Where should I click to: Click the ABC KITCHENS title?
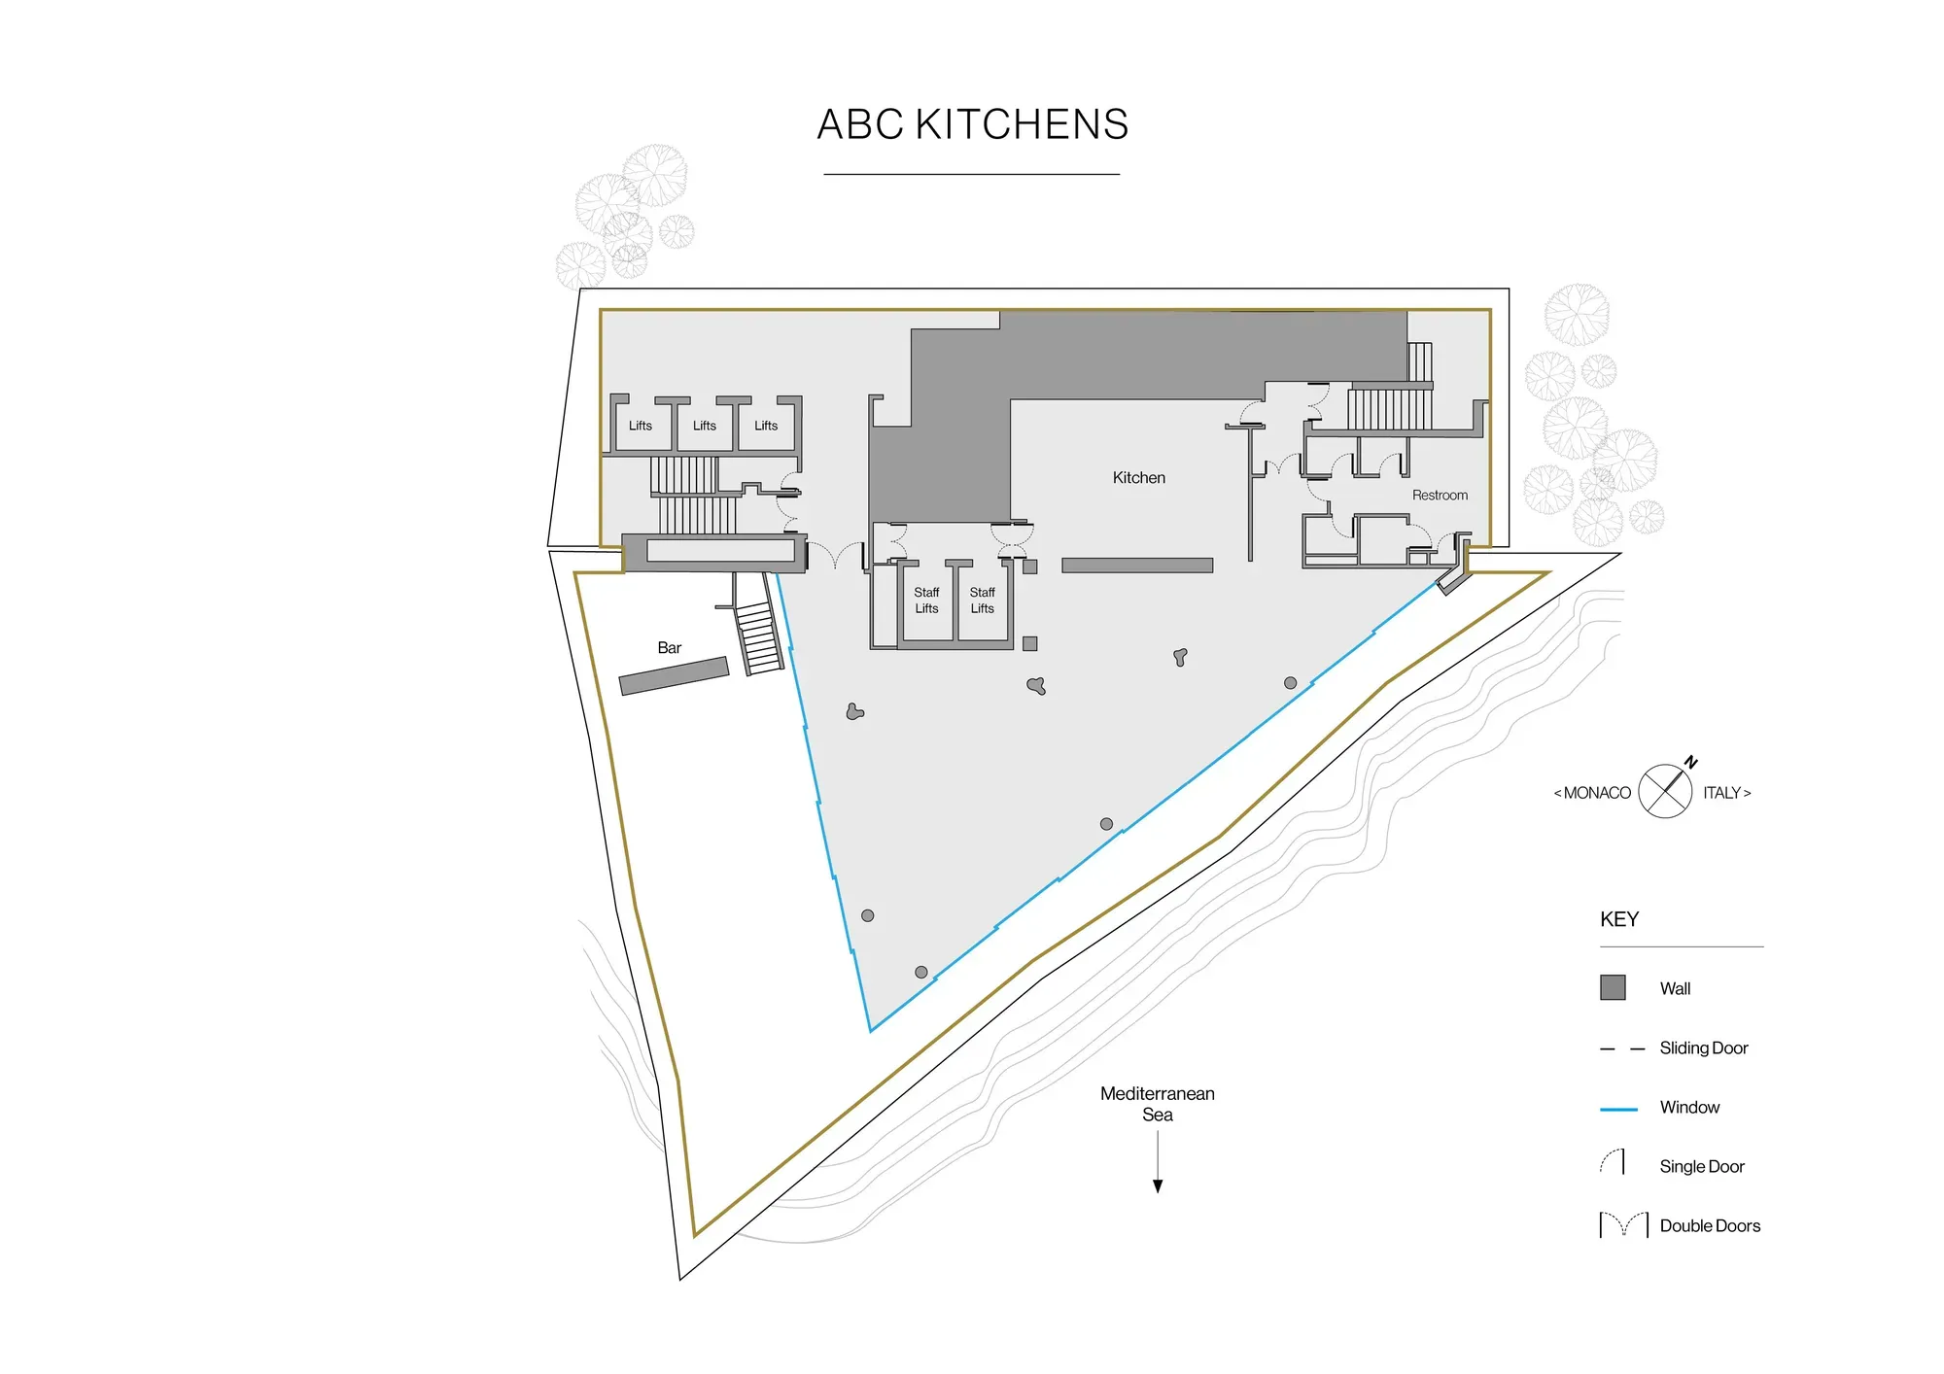972,124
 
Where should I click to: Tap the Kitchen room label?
1138,477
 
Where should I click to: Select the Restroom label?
1439,495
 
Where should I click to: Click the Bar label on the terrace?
669,647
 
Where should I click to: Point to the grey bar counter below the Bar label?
674,675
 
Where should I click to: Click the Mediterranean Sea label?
1157,1103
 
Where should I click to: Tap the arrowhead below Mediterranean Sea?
1158,1185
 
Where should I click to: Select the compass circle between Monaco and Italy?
1665,791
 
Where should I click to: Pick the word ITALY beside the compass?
1722,793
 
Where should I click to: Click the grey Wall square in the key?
1613,987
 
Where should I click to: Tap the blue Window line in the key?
1618,1108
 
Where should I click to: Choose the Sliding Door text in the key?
1703,1048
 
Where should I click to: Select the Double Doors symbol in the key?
1623,1224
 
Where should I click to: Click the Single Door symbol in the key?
1614,1162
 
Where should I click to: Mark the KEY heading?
1619,918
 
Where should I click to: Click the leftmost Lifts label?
640,426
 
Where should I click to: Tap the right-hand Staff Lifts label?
982,600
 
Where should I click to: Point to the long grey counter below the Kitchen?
1136,565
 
